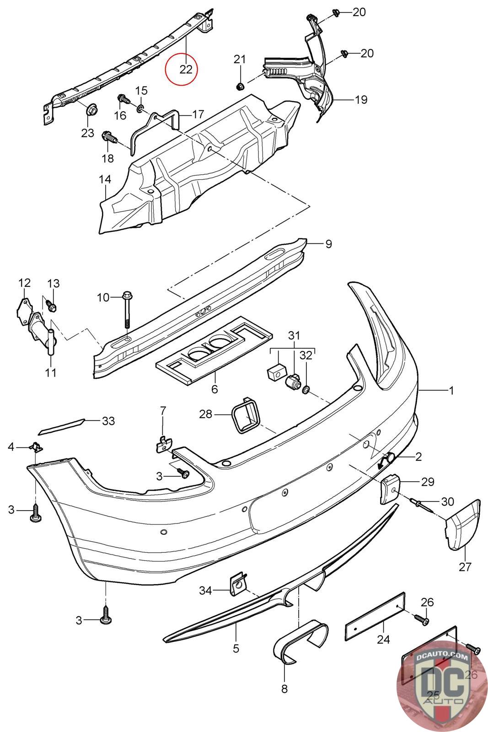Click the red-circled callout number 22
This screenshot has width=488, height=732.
coord(186,69)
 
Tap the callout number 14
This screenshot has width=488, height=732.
coord(105,179)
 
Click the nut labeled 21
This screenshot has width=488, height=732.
coord(240,87)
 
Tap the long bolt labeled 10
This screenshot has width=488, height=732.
coord(126,310)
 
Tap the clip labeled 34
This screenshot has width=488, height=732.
coord(238,585)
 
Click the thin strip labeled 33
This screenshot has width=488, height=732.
coord(61,427)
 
